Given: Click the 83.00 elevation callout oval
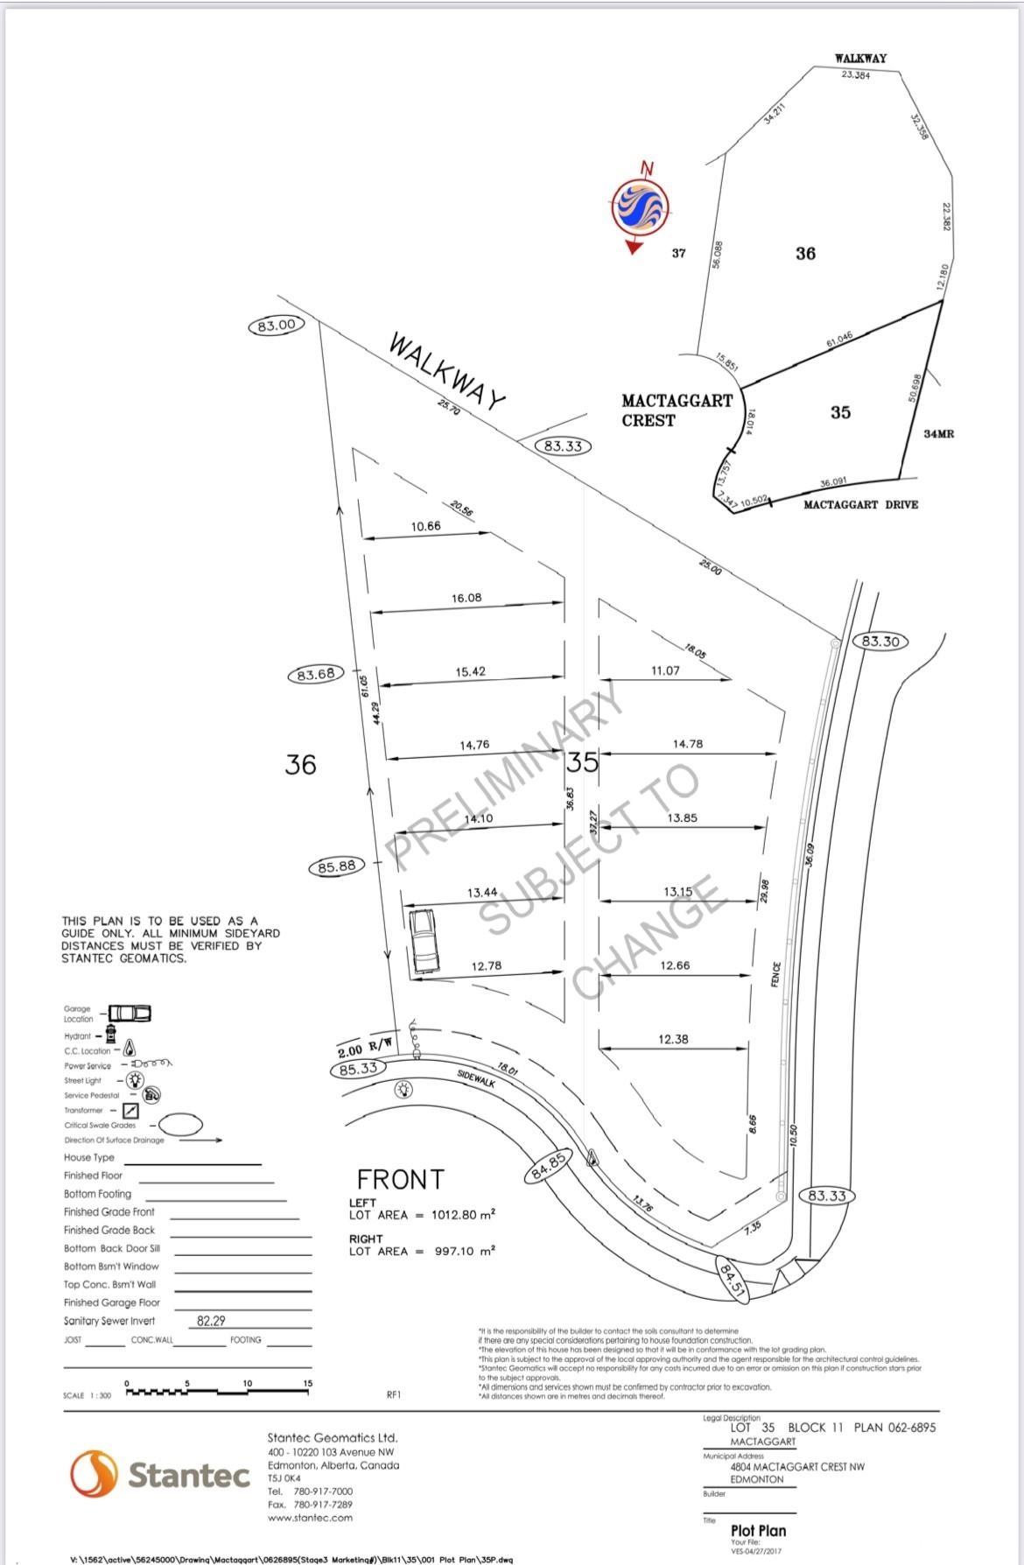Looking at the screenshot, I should point(276,326).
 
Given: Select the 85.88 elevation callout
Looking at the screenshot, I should point(337,867).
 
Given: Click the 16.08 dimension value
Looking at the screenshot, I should point(466,598).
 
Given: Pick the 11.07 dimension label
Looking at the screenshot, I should point(665,670).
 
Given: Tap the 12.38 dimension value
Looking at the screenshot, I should point(673,1039).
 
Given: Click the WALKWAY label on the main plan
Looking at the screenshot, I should point(447,371).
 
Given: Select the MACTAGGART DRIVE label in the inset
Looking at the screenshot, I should point(860,505).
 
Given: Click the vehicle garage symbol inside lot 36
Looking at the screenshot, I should point(424,941).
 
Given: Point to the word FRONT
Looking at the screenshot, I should point(401,1179).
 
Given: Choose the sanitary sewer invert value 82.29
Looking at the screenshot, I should point(212,1321).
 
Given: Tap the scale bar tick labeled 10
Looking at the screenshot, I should point(248,1383).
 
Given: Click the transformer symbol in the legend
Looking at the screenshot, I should point(117,1110).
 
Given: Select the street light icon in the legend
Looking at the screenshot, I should point(136,1080).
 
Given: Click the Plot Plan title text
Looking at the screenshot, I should point(758,1531).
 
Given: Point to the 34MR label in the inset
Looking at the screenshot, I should point(939,434).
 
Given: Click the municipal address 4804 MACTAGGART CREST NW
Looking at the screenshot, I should point(796,1466).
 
